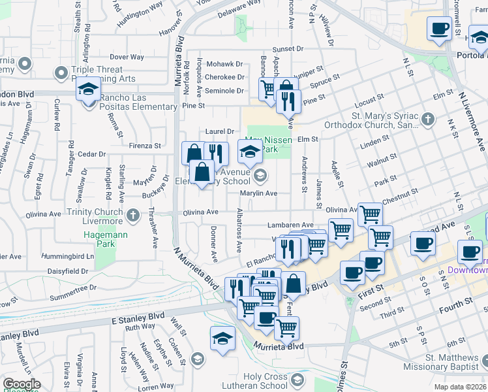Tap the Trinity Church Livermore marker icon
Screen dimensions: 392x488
(134, 214)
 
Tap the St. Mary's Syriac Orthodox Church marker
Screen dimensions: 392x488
(427, 119)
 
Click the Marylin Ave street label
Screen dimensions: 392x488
(258, 193)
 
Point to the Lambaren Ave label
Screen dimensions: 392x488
(290, 225)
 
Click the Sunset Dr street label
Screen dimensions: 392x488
(288, 49)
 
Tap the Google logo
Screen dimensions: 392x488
(22, 384)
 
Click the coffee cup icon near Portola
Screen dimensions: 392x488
(439, 28)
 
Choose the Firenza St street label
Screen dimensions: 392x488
(144, 145)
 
